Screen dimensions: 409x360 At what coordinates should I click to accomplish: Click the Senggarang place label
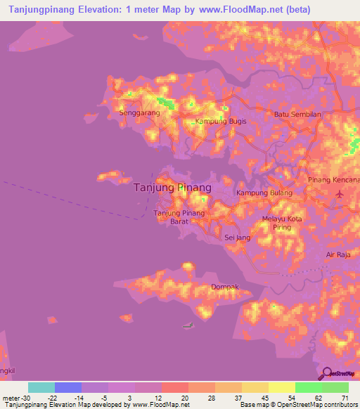point(135,112)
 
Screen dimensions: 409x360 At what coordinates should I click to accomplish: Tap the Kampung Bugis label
point(215,122)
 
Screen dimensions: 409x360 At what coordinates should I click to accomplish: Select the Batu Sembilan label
point(297,114)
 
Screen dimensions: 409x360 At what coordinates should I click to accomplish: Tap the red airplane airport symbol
point(340,193)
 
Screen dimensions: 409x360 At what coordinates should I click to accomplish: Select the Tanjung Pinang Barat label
point(179,216)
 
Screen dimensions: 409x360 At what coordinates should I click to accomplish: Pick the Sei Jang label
point(237,238)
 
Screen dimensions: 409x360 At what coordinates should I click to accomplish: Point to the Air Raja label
point(338,254)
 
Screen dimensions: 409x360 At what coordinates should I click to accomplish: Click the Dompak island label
point(225,287)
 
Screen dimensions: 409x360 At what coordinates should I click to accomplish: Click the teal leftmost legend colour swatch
point(41,387)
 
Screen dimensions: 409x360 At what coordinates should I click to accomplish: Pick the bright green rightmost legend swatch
point(335,387)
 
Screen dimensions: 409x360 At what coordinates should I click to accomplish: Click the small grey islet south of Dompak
point(187,325)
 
